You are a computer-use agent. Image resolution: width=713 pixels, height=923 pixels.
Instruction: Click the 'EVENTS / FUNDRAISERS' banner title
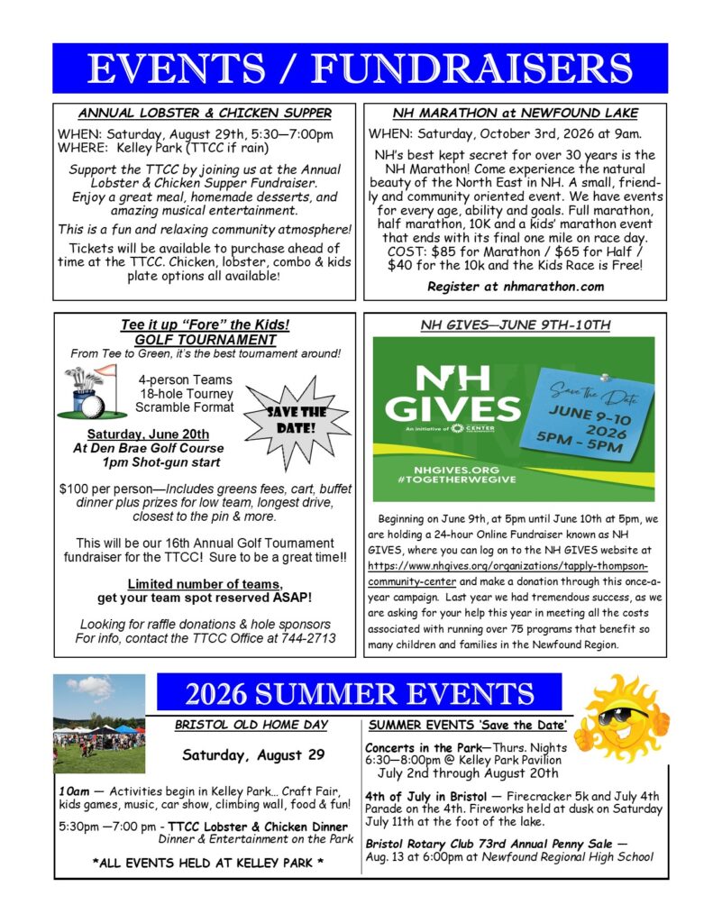pyautogui.click(x=359, y=69)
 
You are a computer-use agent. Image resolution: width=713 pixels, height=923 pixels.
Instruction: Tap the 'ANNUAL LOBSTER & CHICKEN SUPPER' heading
pyautogui.click(x=204, y=114)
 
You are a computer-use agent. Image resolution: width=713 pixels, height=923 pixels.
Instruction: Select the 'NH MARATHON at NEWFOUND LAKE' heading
pyautogui.click(x=515, y=114)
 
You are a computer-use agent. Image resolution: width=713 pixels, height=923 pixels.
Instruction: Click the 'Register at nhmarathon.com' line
pyautogui.click(x=515, y=287)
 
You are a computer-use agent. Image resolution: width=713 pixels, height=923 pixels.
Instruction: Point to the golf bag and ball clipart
pyautogui.click(x=91, y=392)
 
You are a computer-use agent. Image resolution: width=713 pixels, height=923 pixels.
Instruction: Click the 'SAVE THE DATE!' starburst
pyautogui.click(x=286, y=420)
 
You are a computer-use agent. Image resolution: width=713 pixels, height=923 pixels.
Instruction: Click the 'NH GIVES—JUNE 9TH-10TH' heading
pyautogui.click(x=515, y=324)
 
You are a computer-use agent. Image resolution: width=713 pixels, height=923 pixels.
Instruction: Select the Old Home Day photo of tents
pyautogui.click(x=99, y=724)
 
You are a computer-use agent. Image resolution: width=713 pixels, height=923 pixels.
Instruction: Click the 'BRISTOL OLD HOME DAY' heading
pyautogui.click(x=251, y=724)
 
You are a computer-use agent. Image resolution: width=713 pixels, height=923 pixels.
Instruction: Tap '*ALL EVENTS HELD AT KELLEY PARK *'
pyautogui.click(x=208, y=862)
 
